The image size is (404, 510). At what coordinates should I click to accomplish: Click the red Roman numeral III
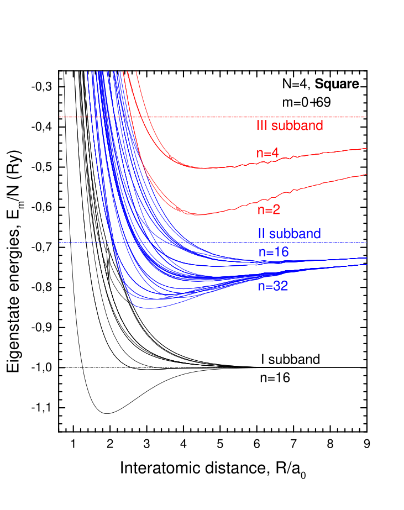261,125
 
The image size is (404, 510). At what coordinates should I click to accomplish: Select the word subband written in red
297,125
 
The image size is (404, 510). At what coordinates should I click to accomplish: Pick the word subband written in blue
295,234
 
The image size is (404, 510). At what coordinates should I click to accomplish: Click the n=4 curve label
267,154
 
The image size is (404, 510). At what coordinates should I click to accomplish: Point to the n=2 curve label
268,210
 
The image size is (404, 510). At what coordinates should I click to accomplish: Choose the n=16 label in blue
274,252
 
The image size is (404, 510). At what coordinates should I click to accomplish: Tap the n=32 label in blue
273,286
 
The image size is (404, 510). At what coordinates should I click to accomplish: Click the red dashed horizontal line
221,117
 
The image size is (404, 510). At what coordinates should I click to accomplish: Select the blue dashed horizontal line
221,243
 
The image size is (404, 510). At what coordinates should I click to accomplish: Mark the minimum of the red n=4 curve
203,168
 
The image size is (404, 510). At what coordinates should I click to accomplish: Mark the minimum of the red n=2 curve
200,214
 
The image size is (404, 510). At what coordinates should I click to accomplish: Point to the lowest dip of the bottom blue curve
147,308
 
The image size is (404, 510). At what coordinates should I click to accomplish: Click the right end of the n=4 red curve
366,148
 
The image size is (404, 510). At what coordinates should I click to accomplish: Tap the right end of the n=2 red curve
366,174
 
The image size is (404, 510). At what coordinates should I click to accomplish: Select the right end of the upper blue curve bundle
366,257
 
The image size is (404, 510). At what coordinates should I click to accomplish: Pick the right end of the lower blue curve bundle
366,264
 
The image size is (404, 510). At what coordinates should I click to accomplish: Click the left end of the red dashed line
60,117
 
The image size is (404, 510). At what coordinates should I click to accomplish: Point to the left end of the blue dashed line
60,243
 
